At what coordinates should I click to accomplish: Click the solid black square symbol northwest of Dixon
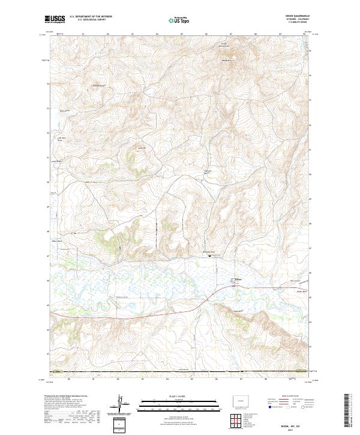click(209, 256)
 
